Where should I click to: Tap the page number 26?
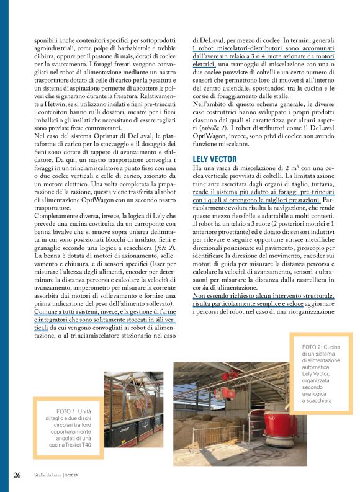click(x=17, y=475)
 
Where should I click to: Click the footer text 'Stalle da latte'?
click(x=53, y=476)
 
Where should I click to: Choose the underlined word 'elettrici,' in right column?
click(x=204, y=63)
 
